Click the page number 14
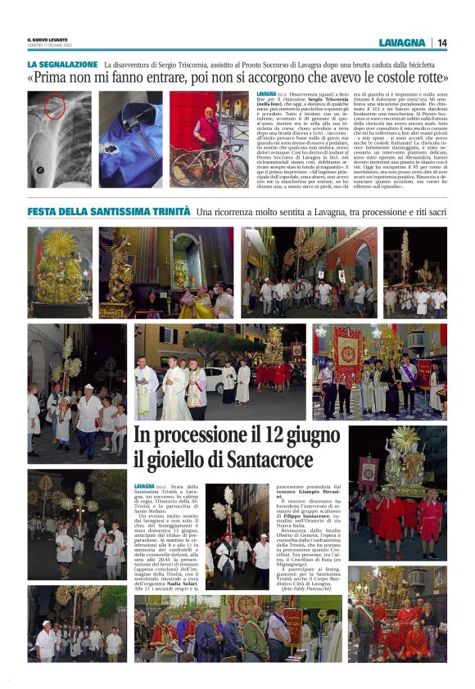[x=442, y=43]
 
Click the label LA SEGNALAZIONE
[x=62, y=64]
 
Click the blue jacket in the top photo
[x=131, y=147]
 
